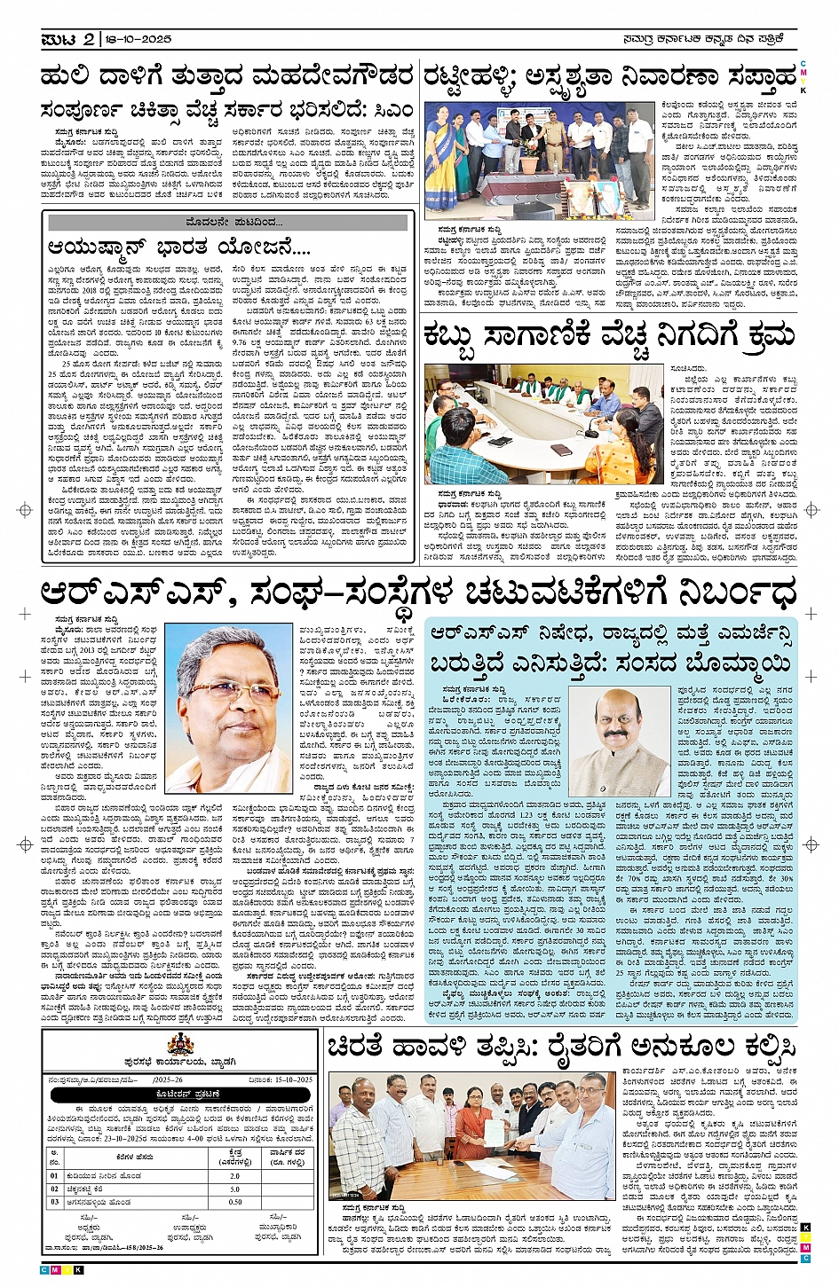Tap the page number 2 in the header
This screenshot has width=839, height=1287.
click(x=90, y=40)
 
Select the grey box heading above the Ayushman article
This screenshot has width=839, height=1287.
click(x=228, y=222)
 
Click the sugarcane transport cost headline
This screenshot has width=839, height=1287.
click(x=609, y=337)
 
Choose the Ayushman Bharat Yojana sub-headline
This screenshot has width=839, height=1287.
click(x=178, y=247)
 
